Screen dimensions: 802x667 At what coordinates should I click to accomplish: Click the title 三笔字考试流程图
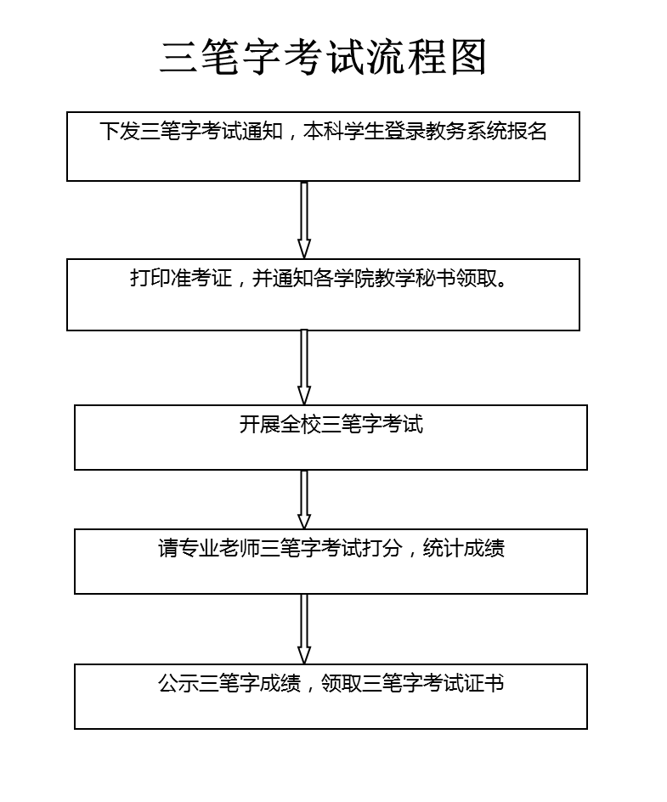pyautogui.click(x=323, y=57)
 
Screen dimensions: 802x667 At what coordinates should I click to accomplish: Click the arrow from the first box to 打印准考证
pyautogui.click(x=304, y=219)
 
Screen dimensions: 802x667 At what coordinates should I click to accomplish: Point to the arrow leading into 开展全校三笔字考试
pyautogui.click(x=304, y=367)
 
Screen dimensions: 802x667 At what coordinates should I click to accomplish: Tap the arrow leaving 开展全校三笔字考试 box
pyautogui.click(x=304, y=500)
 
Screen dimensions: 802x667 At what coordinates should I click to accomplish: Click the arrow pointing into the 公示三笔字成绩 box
pyautogui.click(x=304, y=629)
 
